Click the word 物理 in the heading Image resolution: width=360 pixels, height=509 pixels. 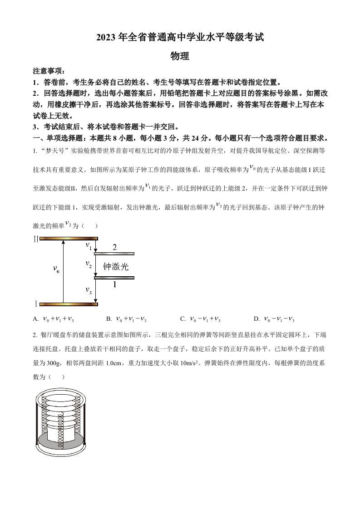pos(179,56)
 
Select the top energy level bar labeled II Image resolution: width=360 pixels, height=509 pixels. pos(69,238)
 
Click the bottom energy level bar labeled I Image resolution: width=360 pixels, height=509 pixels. pos(69,304)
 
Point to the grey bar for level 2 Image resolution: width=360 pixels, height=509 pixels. pos(114,254)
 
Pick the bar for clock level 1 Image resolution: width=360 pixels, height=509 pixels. pos(114,278)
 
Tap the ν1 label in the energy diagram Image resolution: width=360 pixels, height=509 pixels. pos(89,246)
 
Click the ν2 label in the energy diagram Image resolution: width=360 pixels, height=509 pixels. pos(89,264)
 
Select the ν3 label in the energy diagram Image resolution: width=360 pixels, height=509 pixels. pos(89,290)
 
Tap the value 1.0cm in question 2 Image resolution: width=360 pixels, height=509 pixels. pos(107,363)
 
